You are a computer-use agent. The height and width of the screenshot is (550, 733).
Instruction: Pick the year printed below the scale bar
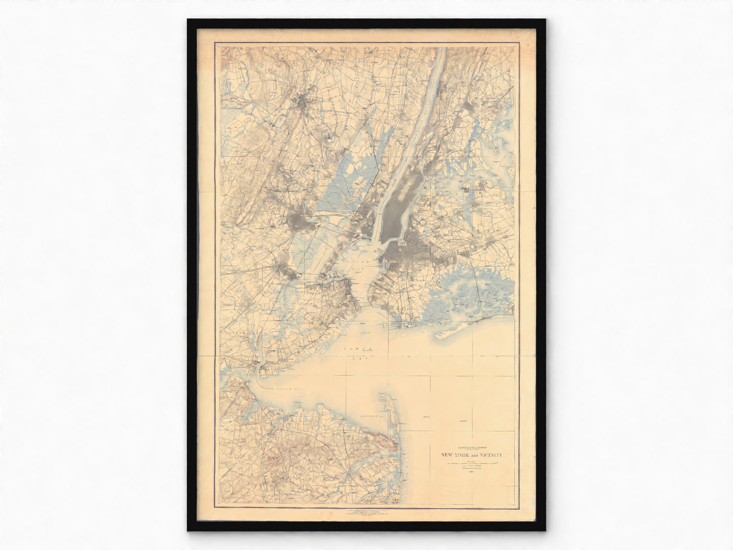471,473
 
